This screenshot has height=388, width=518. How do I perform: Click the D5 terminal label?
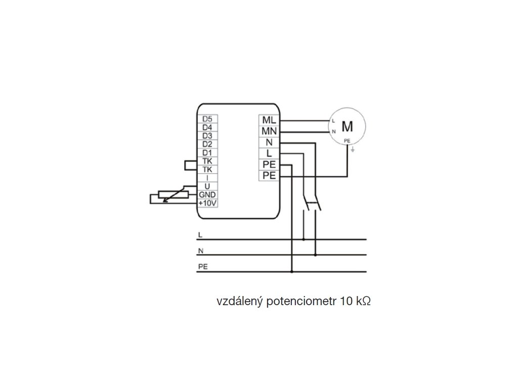(x=207, y=119)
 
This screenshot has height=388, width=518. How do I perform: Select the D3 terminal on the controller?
(x=207, y=135)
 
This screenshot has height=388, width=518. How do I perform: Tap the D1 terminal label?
(x=207, y=152)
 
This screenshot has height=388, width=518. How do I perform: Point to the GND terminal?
(x=207, y=195)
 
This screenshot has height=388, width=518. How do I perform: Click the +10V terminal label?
(x=207, y=203)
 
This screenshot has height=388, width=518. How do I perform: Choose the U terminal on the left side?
(x=207, y=186)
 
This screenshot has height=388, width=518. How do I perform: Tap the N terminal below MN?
(x=268, y=142)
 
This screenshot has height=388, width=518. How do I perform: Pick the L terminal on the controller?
(x=268, y=154)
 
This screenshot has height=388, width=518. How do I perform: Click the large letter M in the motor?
(x=347, y=125)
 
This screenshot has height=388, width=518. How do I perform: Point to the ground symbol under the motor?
(x=353, y=150)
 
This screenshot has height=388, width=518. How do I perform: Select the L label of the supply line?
(x=201, y=235)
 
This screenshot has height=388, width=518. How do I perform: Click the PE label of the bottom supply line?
(x=203, y=266)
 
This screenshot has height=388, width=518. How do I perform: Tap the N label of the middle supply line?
(x=201, y=251)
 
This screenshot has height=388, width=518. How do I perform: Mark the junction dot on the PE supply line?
(x=292, y=272)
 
